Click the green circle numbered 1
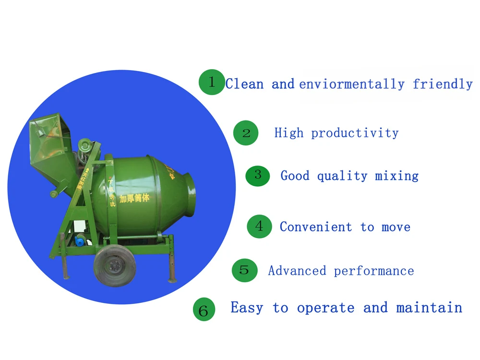coord(212,82)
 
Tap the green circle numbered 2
coord(246,132)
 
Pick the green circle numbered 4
coord(260,226)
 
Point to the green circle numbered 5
coord(244,270)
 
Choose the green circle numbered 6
coord(204,310)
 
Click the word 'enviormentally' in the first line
coord(352,84)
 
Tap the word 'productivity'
coord(355,133)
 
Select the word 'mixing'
coord(396,176)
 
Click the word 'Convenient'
coord(316,227)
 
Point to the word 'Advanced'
coord(297,271)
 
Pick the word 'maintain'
coord(429,308)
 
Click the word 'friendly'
coord(443,84)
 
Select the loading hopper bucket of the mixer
coord(50,142)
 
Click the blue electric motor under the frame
coord(78,242)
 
